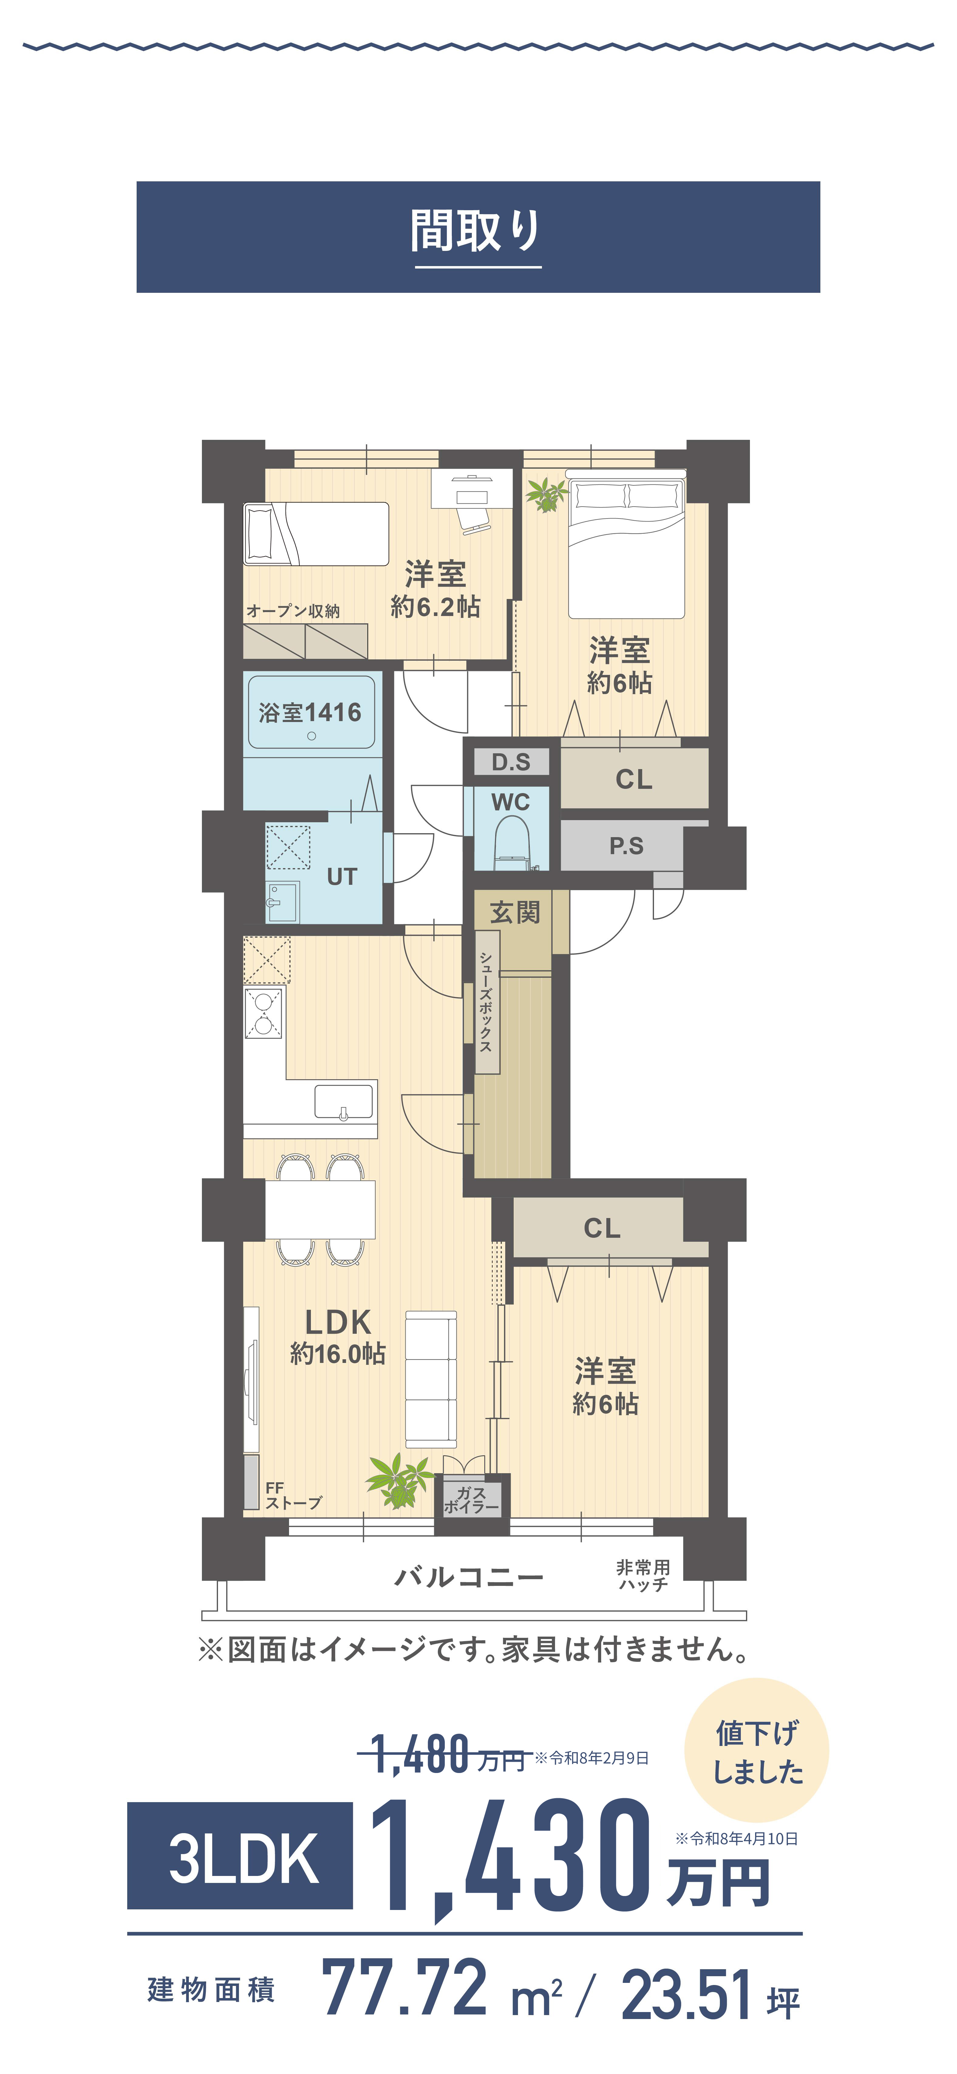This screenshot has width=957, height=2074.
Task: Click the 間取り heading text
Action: pyautogui.click(x=476, y=231)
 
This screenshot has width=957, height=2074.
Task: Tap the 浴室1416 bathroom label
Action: pyautogui.click(x=310, y=713)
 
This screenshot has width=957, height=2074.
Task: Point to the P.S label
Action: pyautogui.click(x=626, y=845)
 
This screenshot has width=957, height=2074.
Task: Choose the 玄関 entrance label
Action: pyautogui.click(x=515, y=912)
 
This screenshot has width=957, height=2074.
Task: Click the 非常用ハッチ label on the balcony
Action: pyautogui.click(x=643, y=1575)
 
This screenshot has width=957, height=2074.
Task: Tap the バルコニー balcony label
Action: pyautogui.click(x=468, y=1576)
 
